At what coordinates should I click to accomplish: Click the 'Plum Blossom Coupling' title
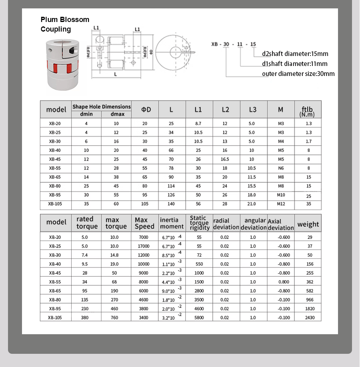point(65,24)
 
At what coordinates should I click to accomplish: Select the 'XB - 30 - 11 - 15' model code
point(234,44)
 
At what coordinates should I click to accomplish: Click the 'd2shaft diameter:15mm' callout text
point(295,54)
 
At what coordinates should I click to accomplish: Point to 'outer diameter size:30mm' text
point(298,74)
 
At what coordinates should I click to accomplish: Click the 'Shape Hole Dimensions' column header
point(102,107)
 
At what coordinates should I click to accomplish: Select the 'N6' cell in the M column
point(281,168)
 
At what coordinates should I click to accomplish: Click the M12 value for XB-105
point(281,204)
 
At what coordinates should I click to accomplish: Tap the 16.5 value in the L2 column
point(225,159)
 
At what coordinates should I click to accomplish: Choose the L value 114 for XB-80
point(171,186)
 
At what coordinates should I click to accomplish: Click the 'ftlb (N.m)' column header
point(308,111)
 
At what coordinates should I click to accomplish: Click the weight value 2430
point(308,317)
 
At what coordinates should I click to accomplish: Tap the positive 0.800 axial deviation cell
point(284,282)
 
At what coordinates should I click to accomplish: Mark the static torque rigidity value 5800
point(199,317)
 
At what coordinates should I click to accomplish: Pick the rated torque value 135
point(84,300)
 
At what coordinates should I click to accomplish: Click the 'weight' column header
point(308,224)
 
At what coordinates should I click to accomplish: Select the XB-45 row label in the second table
point(55,273)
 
